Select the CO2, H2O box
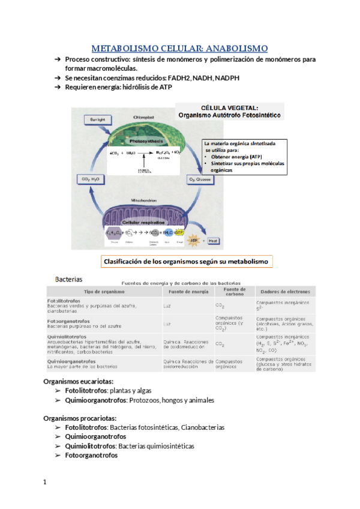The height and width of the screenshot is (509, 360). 88,179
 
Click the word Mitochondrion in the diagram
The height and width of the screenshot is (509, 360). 142,199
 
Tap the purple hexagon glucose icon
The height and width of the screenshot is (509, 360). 114,233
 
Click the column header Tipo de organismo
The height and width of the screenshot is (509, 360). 103,291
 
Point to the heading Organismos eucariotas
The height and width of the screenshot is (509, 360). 79,381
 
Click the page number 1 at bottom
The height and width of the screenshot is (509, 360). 45,482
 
